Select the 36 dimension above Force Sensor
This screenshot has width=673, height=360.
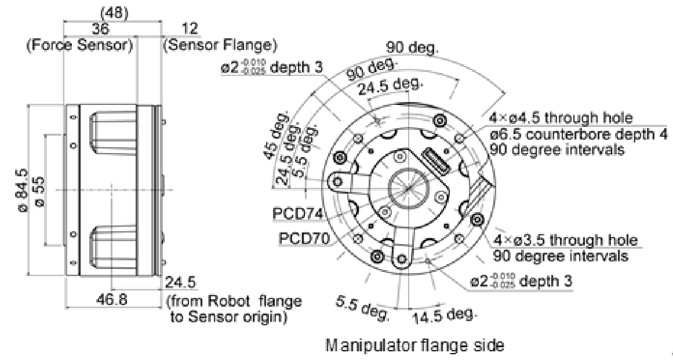pyautogui.click(x=102, y=29)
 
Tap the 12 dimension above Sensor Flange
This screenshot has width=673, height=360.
pyautogui.click(x=190, y=29)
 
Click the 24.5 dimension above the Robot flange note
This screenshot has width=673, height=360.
pyautogui.click(x=181, y=283)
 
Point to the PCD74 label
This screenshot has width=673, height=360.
pyautogui.click(x=297, y=213)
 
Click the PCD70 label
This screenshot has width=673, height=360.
pyautogui.click(x=303, y=238)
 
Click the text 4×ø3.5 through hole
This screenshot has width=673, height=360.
pyautogui.click(x=565, y=241)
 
